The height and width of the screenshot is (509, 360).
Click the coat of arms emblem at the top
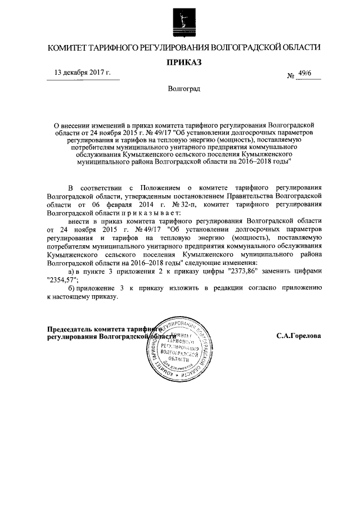[x=179, y=21]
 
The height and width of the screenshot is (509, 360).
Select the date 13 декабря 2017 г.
[x=82, y=73]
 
